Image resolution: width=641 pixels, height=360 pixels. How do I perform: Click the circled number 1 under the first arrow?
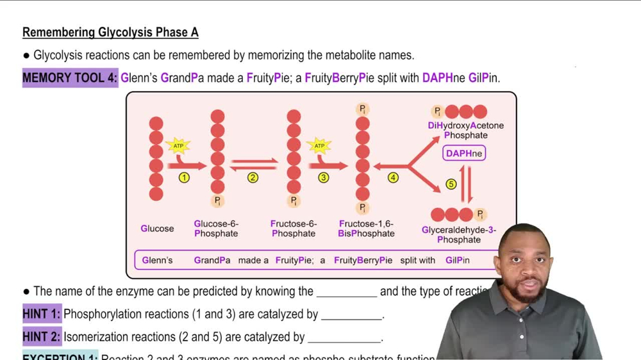coord(184,177)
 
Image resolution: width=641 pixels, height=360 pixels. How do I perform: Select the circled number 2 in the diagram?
coord(253,177)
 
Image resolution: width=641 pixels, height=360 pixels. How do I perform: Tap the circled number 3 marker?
coord(323,177)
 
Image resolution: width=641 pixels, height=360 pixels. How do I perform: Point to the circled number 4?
coord(393,177)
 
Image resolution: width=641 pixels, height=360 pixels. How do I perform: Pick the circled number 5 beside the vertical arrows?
coord(451,184)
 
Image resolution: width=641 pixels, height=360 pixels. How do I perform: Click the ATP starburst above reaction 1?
coord(178,146)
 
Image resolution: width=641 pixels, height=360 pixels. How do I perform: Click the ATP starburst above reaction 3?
coord(319,146)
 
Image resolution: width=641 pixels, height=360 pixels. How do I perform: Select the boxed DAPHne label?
coord(464,154)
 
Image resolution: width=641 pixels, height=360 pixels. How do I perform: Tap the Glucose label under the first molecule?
coord(157,229)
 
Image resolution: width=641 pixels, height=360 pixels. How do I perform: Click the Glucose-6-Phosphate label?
coord(216,229)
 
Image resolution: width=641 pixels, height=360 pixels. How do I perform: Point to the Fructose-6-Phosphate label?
coord(294,229)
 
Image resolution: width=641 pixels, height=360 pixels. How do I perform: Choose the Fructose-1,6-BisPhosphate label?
coord(366,229)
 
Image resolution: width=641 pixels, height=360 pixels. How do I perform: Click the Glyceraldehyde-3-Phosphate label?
coord(459,234)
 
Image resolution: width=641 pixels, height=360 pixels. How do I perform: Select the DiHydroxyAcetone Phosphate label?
coord(466,130)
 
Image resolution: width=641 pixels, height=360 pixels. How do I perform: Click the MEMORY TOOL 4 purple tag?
coord(71,78)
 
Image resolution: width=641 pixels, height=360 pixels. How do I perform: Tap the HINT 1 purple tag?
coord(42,315)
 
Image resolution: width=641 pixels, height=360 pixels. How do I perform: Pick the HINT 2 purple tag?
coord(42,337)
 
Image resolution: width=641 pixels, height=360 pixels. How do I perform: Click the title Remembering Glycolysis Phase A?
coord(110,32)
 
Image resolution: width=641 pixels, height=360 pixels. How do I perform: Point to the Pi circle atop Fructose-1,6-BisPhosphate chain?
coord(363,109)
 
